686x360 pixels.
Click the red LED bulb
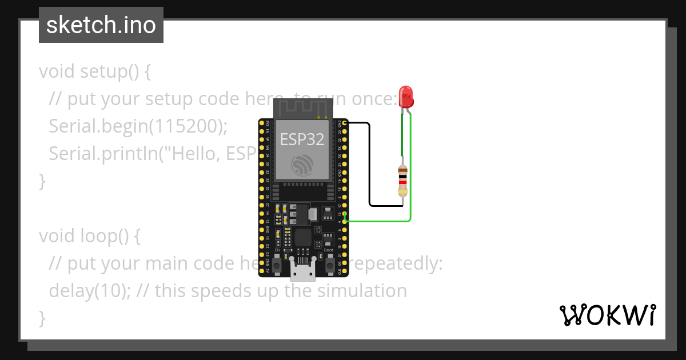[x=406, y=95]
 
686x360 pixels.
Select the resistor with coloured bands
[x=402, y=180]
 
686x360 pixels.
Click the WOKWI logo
[x=607, y=315]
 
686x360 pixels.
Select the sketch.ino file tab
[x=101, y=25]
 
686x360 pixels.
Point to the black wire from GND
[x=370, y=166]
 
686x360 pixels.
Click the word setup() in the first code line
[x=109, y=71]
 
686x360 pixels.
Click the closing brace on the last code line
[x=42, y=318]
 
